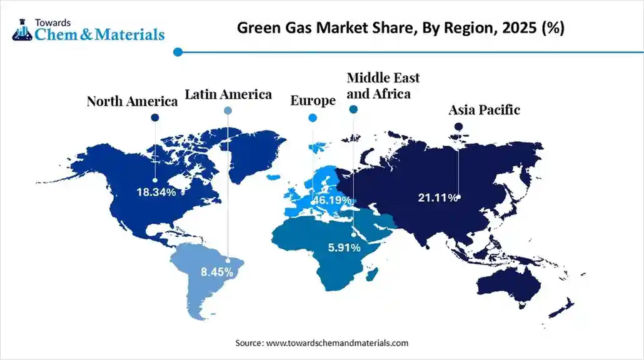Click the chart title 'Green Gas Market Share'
tap(400, 29)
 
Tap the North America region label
tap(132, 101)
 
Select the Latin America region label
tap(228, 94)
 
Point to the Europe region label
tap(313, 101)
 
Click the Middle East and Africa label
tap(383, 86)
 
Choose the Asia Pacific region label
tap(484, 110)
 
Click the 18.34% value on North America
tap(156, 192)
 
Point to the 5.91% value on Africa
tap(345, 247)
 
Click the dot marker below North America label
tap(155, 117)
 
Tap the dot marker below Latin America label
tap(228, 111)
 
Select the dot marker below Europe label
tap(313, 117)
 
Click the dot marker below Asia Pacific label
tap(458, 126)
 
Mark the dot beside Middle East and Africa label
tap(353, 109)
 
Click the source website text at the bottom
tap(321, 343)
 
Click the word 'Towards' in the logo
tap(52, 21)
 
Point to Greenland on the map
tap(253, 153)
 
